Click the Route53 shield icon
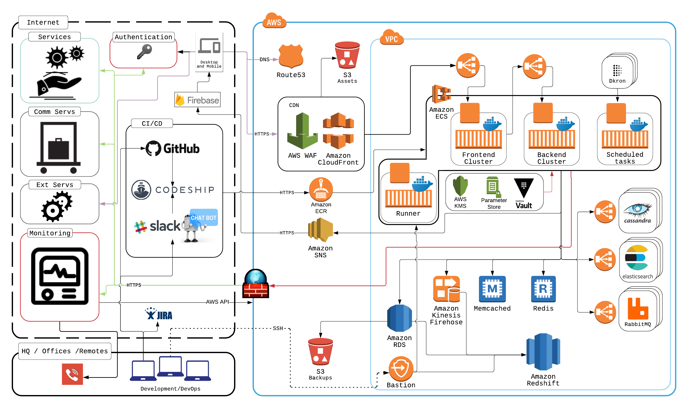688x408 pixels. tap(291, 56)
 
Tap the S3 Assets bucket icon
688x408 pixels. tap(347, 56)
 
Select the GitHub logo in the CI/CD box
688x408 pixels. tap(172, 148)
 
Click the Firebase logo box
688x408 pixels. tap(197, 100)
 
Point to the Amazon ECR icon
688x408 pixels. tap(321, 189)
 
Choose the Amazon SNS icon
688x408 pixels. tap(321, 230)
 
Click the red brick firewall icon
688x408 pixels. tap(256, 284)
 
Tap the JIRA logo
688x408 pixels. tap(159, 314)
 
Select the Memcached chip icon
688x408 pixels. tap(492, 289)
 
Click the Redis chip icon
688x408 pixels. tap(543, 289)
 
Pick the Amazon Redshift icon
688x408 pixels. tap(543, 352)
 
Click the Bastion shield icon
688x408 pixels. tap(401, 368)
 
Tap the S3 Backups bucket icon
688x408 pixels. tap(321, 352)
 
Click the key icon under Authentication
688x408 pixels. tap(145, 51)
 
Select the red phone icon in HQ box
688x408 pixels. tap(72, 374)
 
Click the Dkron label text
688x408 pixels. tap(617, 81)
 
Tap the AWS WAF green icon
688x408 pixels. tap(302, 131)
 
